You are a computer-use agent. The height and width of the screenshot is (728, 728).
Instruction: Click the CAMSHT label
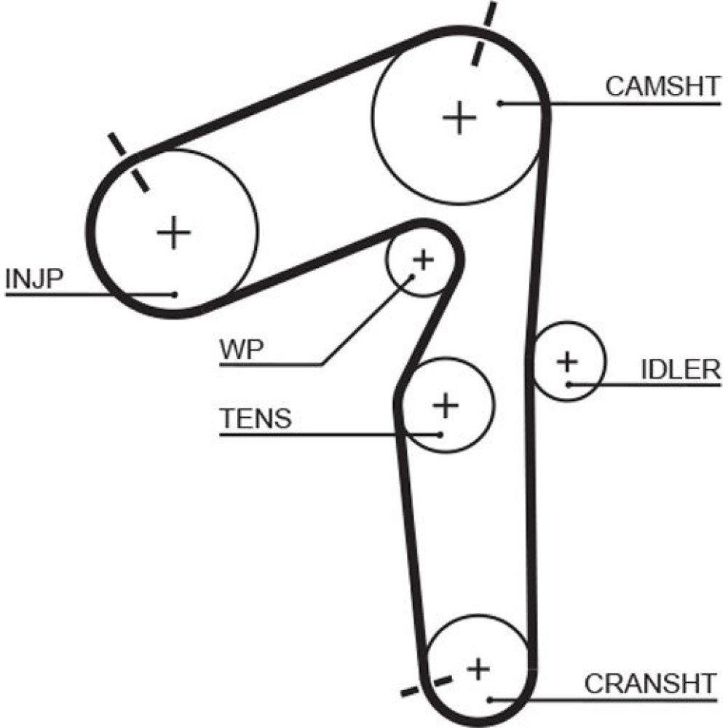661,86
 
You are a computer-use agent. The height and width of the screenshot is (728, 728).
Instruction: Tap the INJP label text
34,279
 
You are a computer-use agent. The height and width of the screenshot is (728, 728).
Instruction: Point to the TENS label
256,419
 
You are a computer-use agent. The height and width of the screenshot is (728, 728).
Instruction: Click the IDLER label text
680,370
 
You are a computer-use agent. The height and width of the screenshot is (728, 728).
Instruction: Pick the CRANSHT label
650,684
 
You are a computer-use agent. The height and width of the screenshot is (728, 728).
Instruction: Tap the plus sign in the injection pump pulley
173,233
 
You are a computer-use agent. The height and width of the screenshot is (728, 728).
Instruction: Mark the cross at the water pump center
423,258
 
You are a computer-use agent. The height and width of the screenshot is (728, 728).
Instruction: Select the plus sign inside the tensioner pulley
446,405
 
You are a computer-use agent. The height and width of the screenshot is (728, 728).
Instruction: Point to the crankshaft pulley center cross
478,668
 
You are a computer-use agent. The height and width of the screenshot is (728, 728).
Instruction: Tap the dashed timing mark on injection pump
128,162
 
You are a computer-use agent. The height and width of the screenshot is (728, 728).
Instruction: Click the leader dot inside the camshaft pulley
501,103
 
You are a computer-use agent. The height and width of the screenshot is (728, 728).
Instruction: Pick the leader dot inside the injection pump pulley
175,294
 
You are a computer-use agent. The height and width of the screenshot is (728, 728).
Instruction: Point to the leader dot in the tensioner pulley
440,435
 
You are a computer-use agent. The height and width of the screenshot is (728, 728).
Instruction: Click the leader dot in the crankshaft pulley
491,700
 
